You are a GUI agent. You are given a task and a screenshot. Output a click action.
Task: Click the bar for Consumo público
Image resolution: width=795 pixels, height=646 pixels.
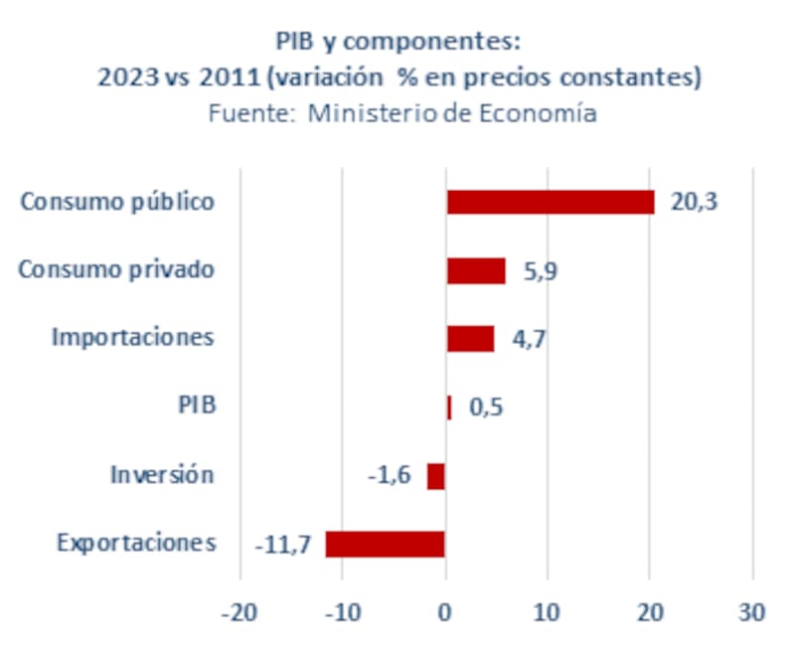click(551, 202)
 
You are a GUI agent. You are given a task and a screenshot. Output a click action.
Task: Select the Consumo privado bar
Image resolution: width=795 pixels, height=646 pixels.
click(476, 270)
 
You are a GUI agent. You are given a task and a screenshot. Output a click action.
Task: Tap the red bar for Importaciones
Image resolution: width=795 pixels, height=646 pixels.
click(470, 338)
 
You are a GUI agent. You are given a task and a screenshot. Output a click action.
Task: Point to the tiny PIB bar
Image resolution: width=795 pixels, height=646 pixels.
click(449, 406)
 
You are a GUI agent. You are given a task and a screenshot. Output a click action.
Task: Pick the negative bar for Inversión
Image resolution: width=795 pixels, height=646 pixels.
click(436, 475)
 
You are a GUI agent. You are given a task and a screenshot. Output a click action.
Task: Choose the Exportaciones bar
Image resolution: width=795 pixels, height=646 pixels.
click(386, 544)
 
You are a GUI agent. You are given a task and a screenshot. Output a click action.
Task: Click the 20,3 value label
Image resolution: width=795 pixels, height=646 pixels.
click(694, 202)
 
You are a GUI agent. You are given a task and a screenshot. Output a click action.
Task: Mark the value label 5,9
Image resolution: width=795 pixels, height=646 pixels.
click(540, 270)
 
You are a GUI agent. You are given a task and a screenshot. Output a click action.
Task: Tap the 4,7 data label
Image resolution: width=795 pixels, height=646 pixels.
click(529, 338)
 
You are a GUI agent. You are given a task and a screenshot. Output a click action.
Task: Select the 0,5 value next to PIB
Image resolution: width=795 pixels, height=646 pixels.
click(487, 406)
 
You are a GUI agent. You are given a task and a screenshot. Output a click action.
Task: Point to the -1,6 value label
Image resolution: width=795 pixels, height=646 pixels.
click(389, 475)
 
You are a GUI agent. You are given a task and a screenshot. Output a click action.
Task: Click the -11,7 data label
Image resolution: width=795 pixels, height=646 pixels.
click(286, 544)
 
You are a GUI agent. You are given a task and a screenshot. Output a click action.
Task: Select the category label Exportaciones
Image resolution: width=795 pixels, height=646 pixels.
click(135, 544)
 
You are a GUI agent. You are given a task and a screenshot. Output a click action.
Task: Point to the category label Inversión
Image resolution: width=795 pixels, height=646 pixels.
click(162, 475)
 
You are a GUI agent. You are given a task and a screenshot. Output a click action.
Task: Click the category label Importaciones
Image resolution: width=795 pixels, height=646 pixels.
click(132, 338)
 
